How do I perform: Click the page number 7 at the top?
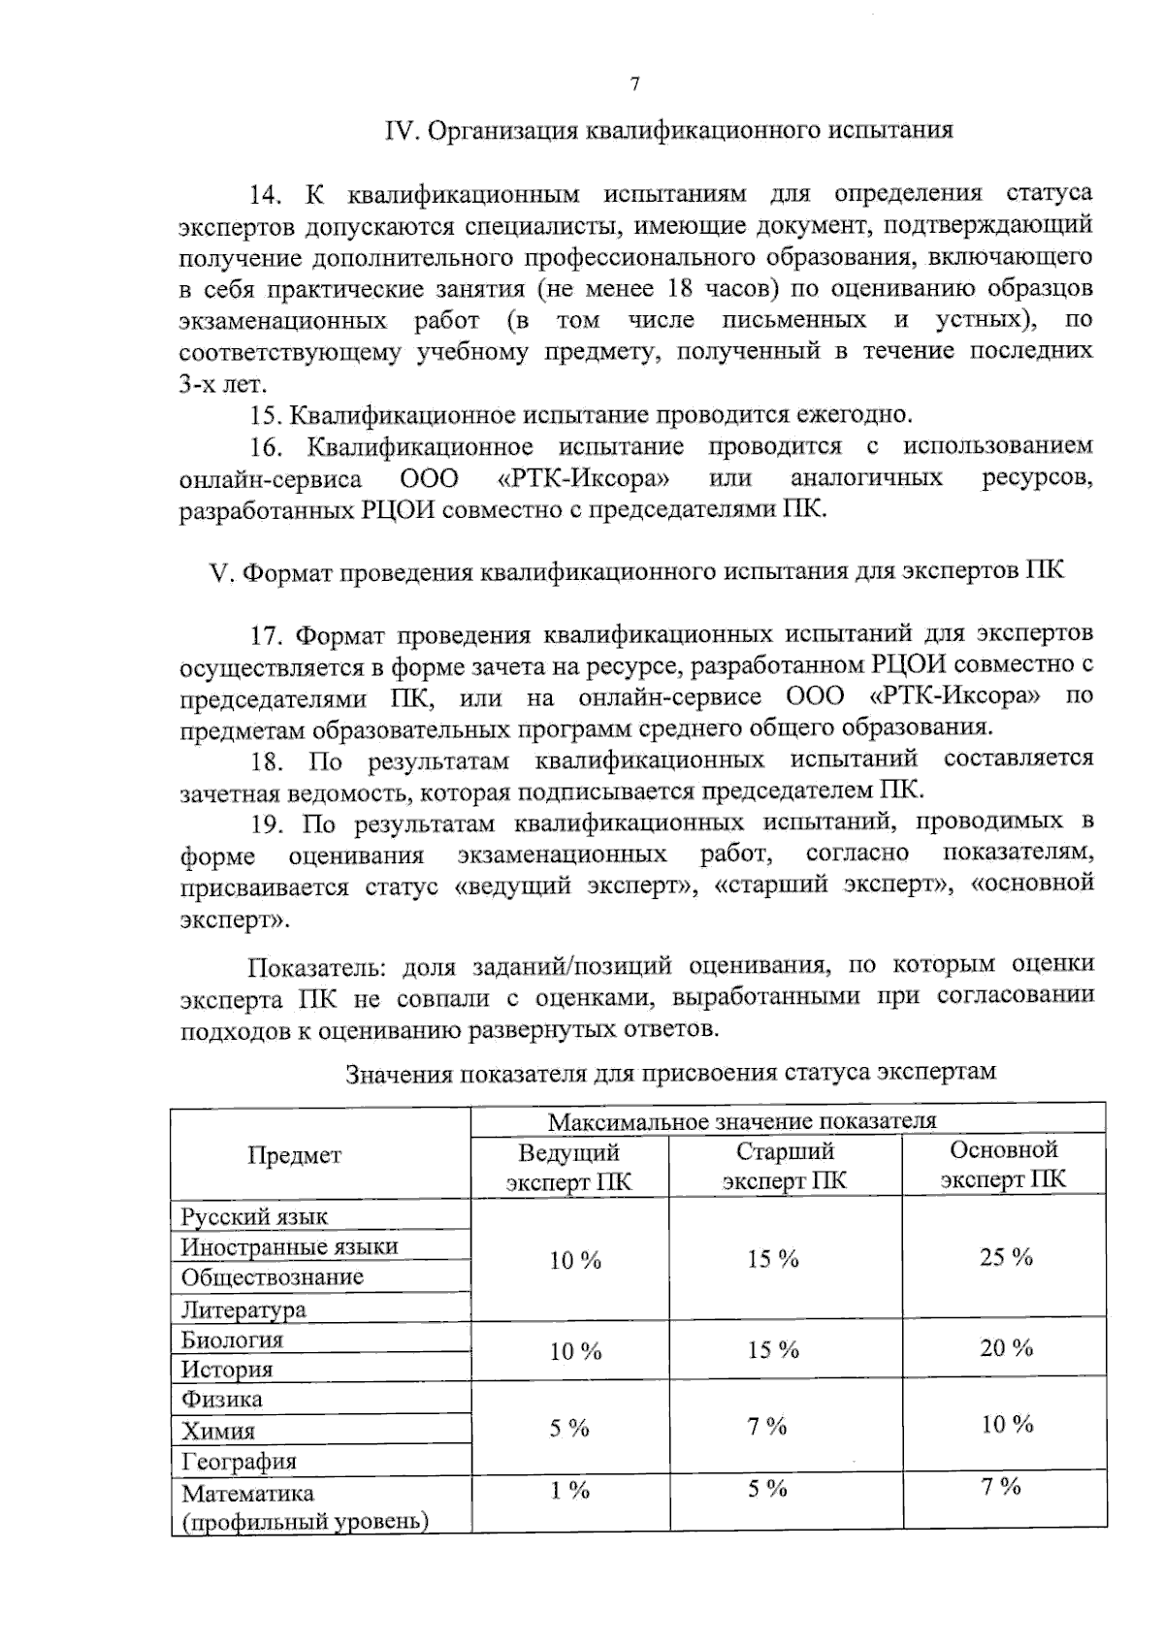click(x=635, y=84)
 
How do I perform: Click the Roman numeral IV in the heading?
click(x=400, y=130)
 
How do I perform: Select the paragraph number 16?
click(x=265, y=447)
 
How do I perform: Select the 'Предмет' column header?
click(x=295, y=1155)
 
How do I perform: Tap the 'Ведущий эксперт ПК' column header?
click(x=569, y=1167)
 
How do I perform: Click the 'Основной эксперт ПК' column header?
click(x=1003, y=1164)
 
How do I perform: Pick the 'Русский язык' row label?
click(x=254, y=1216)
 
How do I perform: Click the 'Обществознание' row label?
click(x=273, y=1277)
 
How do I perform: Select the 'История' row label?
click(x=227, y=1370)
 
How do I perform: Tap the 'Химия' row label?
click(x=218, y=1431)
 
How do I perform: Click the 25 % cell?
click(x=1006, y=1258)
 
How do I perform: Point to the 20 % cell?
click(x=1006, y=1348)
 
